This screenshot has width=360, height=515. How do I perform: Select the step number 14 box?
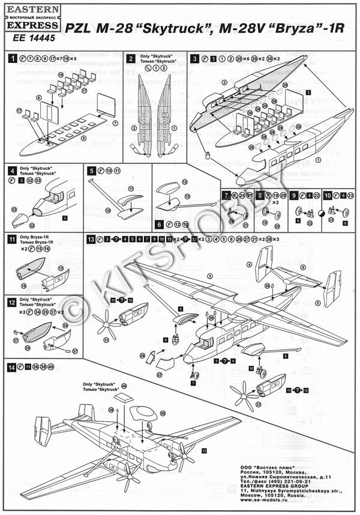(11, 366)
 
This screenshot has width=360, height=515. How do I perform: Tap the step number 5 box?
(91, 170)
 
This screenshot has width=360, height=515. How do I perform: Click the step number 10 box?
(328, 195)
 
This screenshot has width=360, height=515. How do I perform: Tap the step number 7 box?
(225, 195)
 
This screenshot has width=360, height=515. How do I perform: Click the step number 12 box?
(11, 301)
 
